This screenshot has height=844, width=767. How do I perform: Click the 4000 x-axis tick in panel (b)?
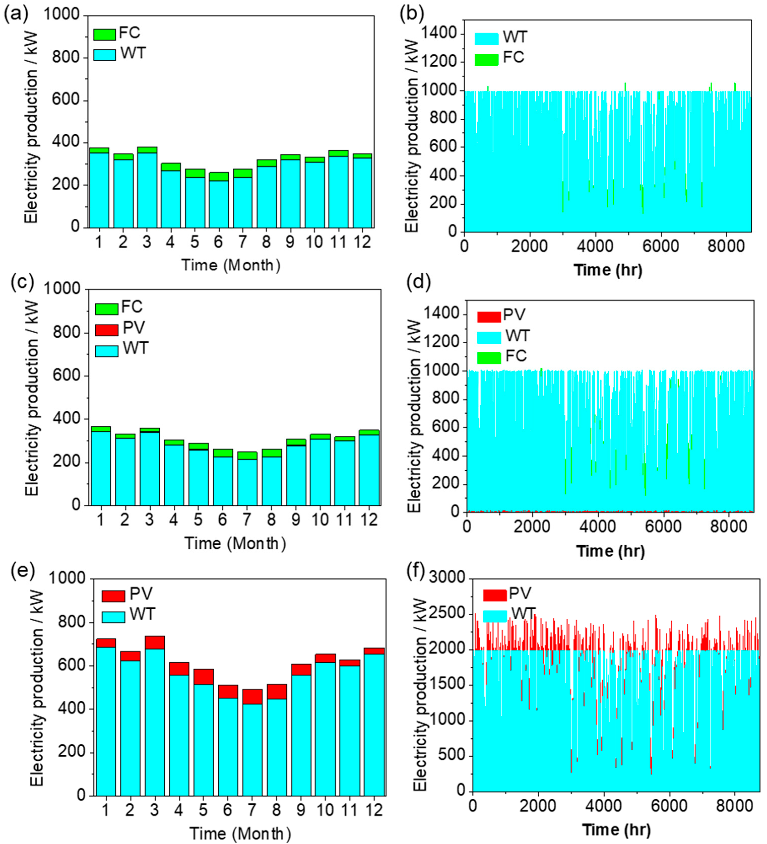tap(594, 246)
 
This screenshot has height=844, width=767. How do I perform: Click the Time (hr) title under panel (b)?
tap(608, 270)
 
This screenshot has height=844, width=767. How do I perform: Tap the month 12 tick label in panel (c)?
tap(369, 520)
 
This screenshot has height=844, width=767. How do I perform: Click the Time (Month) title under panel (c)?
tap(235, 543)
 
